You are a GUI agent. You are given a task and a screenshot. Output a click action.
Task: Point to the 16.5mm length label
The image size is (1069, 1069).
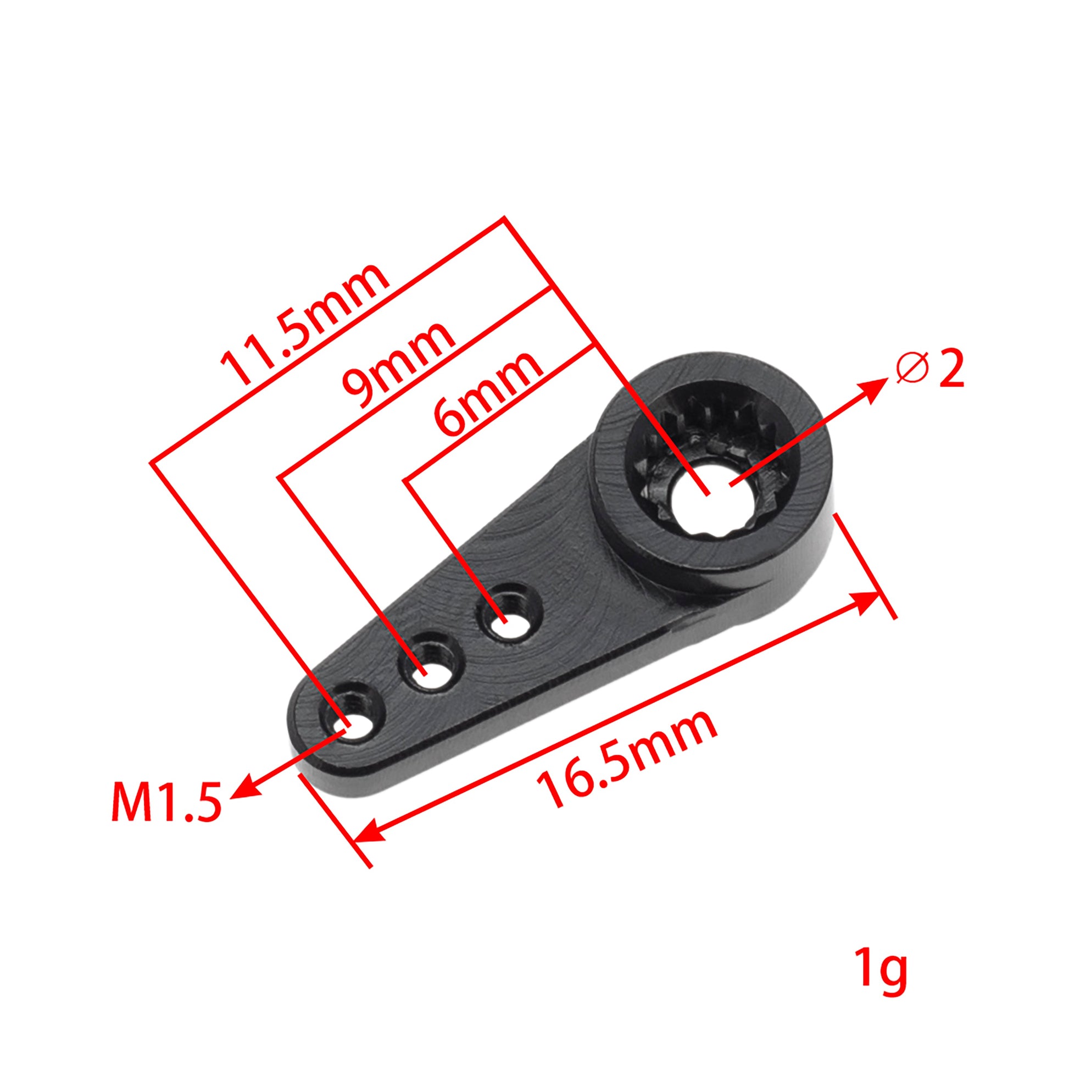tap(627, 759)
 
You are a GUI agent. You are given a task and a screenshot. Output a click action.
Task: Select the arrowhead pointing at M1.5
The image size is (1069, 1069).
tap(243, 792)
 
